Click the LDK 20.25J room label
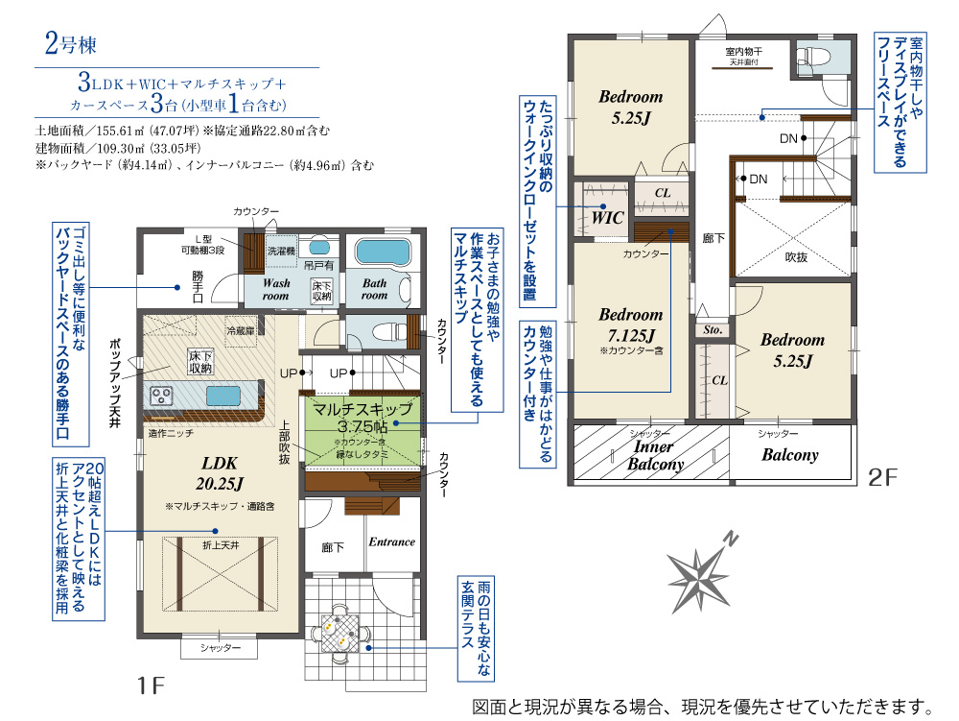pos(220,473)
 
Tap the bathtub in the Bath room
pos(383,252)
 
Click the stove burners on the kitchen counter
pos(161,396)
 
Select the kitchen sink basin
pos(223,397)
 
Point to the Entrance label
pos(391,541)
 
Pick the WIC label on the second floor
pos(607,217)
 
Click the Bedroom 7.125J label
pos(631,325)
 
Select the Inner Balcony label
pos(655,455)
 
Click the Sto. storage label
pos(713,330)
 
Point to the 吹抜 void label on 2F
pos(796,257)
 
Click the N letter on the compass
pos(730,539)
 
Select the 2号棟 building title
pos(70,44)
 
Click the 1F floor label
pos(151,685)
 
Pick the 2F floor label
pos(882,477)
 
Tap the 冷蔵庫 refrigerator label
pos(241,330)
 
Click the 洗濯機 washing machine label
pos(281,251)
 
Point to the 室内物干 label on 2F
pos(744,52)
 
